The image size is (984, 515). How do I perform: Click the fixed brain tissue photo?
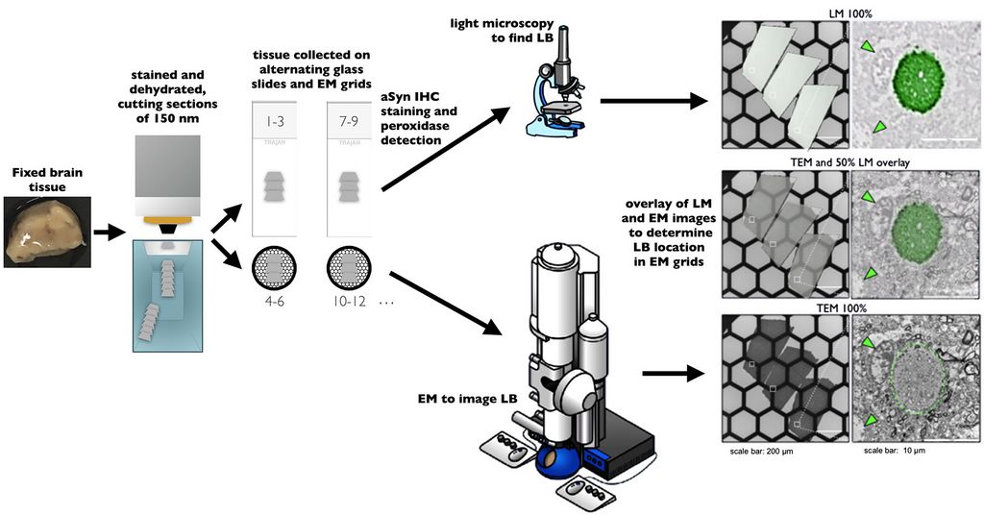coord(47,232)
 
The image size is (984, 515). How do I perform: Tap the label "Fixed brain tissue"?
coord(47,179)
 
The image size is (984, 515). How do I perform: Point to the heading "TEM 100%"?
coord(848,309)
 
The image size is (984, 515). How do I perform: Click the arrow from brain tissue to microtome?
coord(109,233)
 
